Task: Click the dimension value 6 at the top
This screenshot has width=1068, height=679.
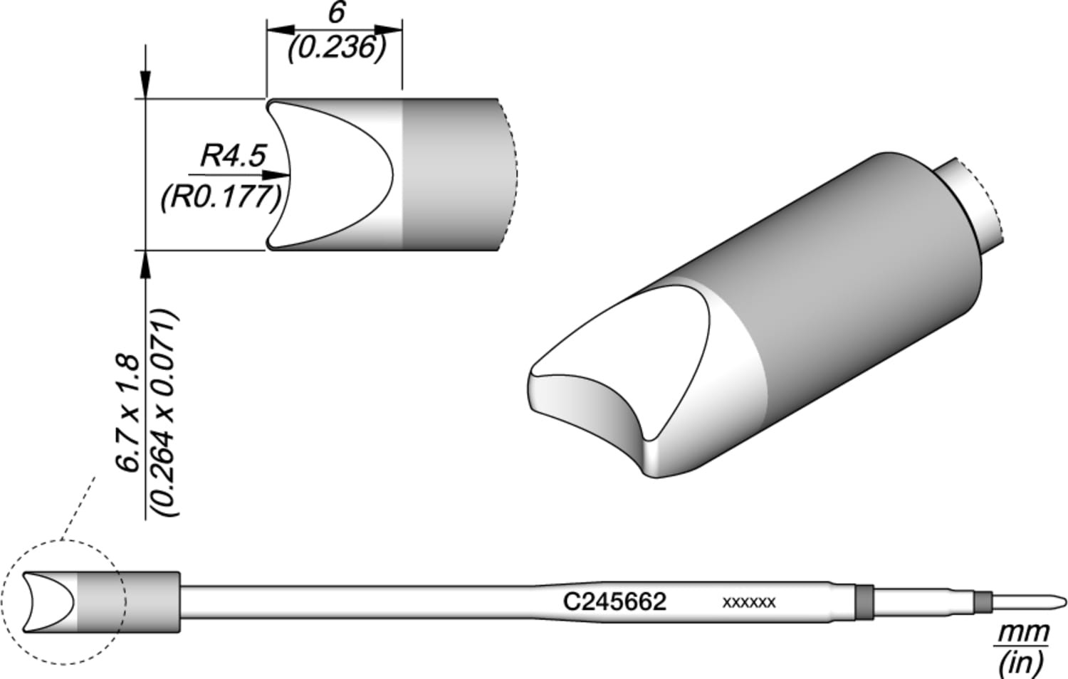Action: (x=336, y=14)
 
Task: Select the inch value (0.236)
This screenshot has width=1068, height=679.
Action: (x=336, y=48)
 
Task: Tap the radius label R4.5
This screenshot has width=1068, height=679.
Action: (x=233, y=155)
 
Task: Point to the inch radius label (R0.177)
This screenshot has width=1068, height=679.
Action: (x=221, y=196)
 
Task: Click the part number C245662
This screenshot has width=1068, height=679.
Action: (x=614, y=601)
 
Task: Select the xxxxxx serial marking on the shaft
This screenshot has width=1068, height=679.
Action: (x=748, y=603)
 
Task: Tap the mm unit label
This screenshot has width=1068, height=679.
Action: (x=1023, y=631)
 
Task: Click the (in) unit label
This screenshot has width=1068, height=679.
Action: (x=1022, y=662)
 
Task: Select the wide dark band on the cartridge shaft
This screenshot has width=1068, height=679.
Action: (x=863, y=601)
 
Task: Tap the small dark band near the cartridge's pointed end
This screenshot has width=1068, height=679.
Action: (x=983, y=601)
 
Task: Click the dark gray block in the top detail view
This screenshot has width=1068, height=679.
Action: (x=449, y=174)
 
